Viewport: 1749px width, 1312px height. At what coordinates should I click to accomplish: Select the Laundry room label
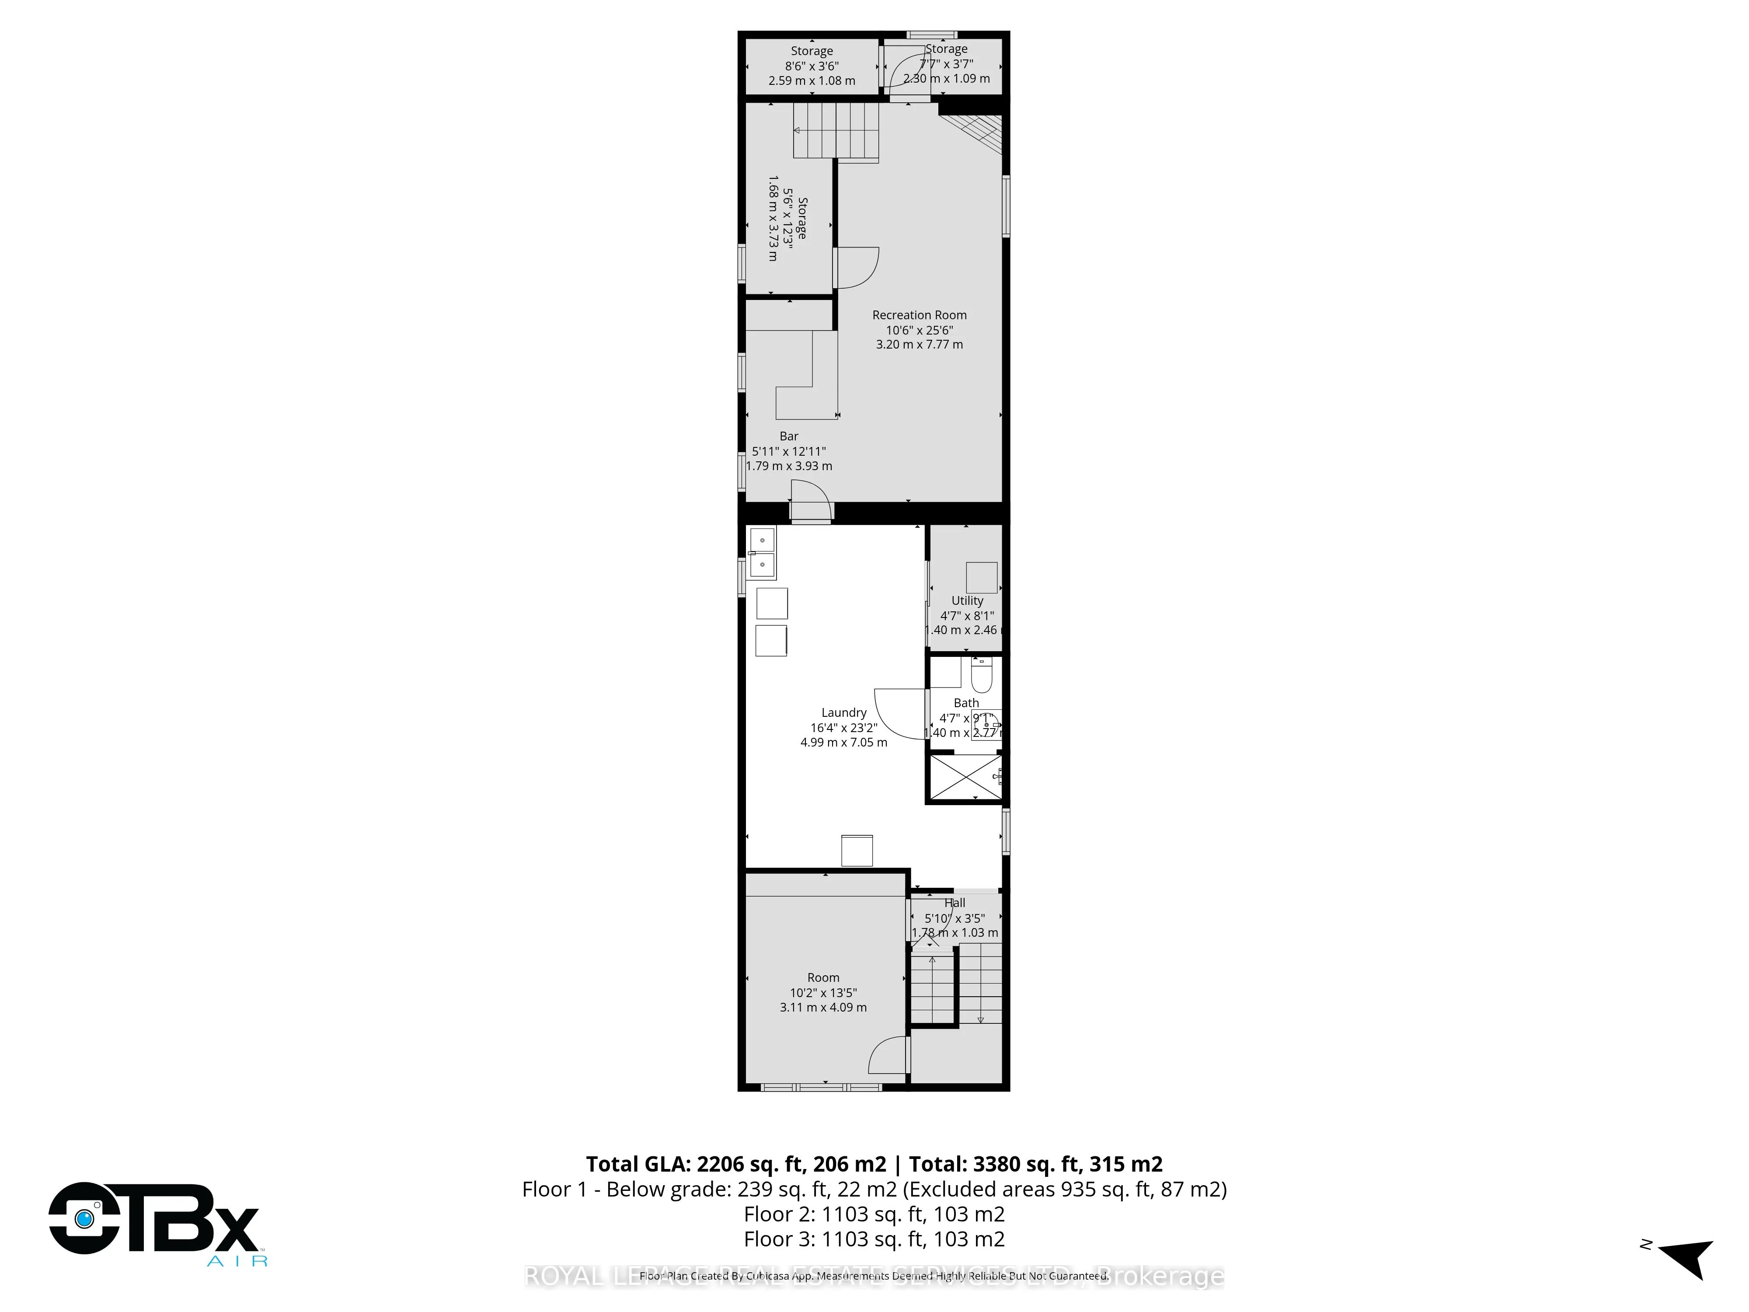843,712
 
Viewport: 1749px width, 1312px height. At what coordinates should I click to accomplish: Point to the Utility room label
967,601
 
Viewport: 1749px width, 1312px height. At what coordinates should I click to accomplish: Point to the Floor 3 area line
874,1239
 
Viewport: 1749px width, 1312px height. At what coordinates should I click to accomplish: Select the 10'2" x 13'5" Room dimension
823,992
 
